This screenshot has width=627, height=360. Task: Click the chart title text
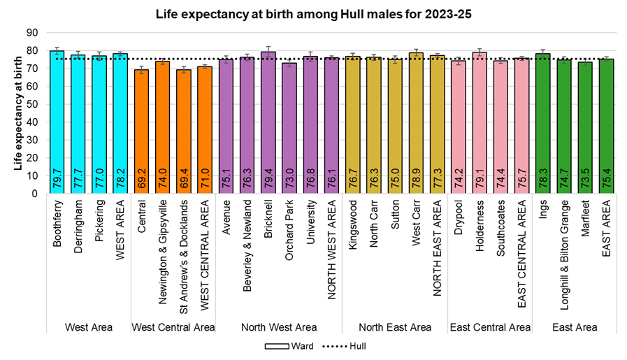(x=313, y=13)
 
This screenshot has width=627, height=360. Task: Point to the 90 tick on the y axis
(x=33, y=33)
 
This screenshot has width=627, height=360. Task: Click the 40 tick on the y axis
(x=33, y=122)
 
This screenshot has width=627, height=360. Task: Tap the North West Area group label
(x=279, y=327)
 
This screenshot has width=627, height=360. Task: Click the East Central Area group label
(x=490, y=327)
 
